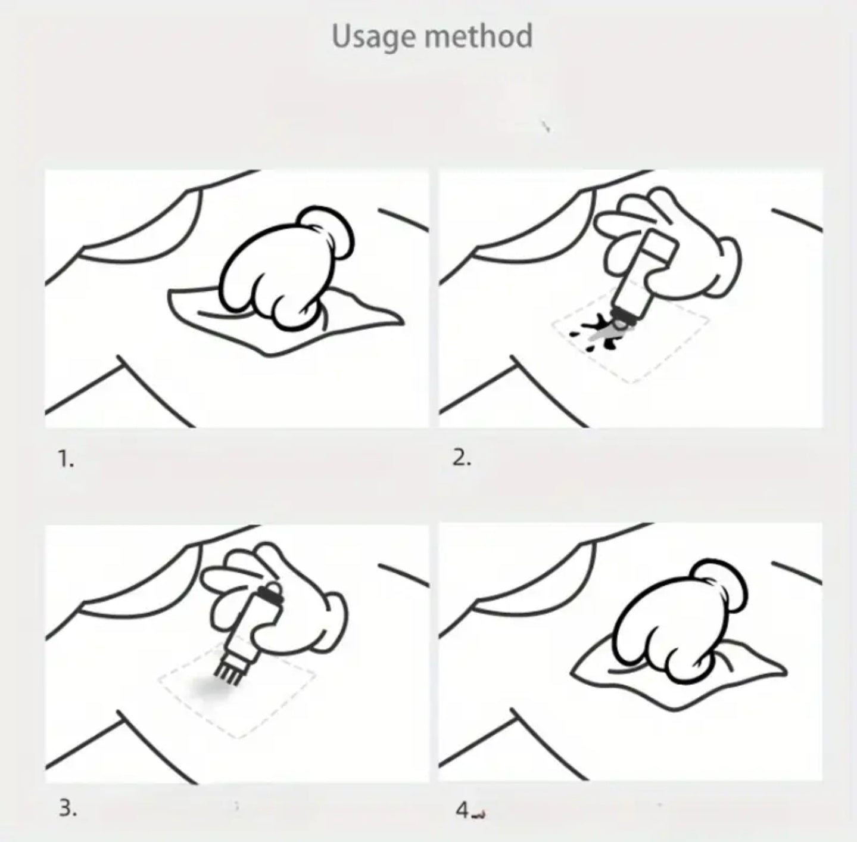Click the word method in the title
coord(479,36)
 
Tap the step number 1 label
coord(66,459)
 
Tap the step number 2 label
coord(462,458)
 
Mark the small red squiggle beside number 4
coord(479,815)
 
